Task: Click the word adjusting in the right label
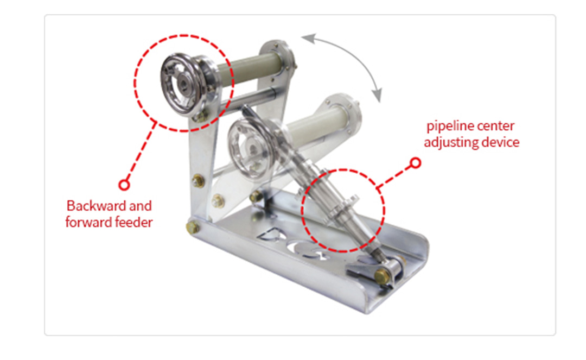(x=451, y=142)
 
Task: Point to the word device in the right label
(x=500, y=142)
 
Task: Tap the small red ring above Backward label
(x=124, y=185)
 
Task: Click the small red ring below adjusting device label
(x=415, y=163)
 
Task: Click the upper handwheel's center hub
(x=183, y=82)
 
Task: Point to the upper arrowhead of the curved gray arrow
(x=307, y=38)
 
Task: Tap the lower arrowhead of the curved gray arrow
(x=378, y=95)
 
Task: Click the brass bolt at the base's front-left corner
(x=193, y=228)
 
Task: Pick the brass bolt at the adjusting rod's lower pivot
(x=382, y=277)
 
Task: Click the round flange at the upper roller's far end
(x=277, y=61)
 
